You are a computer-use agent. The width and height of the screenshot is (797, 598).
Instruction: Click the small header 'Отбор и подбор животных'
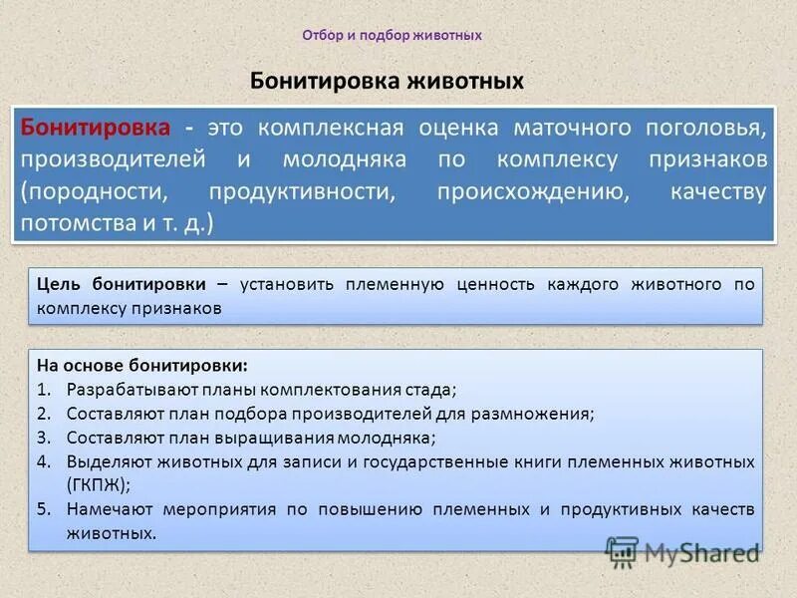(392, 35)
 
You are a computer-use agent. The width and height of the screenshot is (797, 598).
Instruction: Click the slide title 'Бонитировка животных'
(386, 80)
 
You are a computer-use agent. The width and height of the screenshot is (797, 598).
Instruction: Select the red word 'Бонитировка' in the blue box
(96, 129)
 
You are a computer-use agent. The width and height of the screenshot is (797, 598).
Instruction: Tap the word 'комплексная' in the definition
(330, 129)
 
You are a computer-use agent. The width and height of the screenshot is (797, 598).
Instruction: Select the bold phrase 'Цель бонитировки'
(123, 284)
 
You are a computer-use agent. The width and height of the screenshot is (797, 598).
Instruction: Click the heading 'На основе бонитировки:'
(129, 365)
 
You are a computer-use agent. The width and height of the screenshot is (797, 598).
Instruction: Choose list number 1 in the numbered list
(44, 389)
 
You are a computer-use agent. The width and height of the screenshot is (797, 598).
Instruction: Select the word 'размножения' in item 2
(544, 413)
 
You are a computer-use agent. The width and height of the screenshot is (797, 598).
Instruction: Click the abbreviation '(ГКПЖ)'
(98, 484)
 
